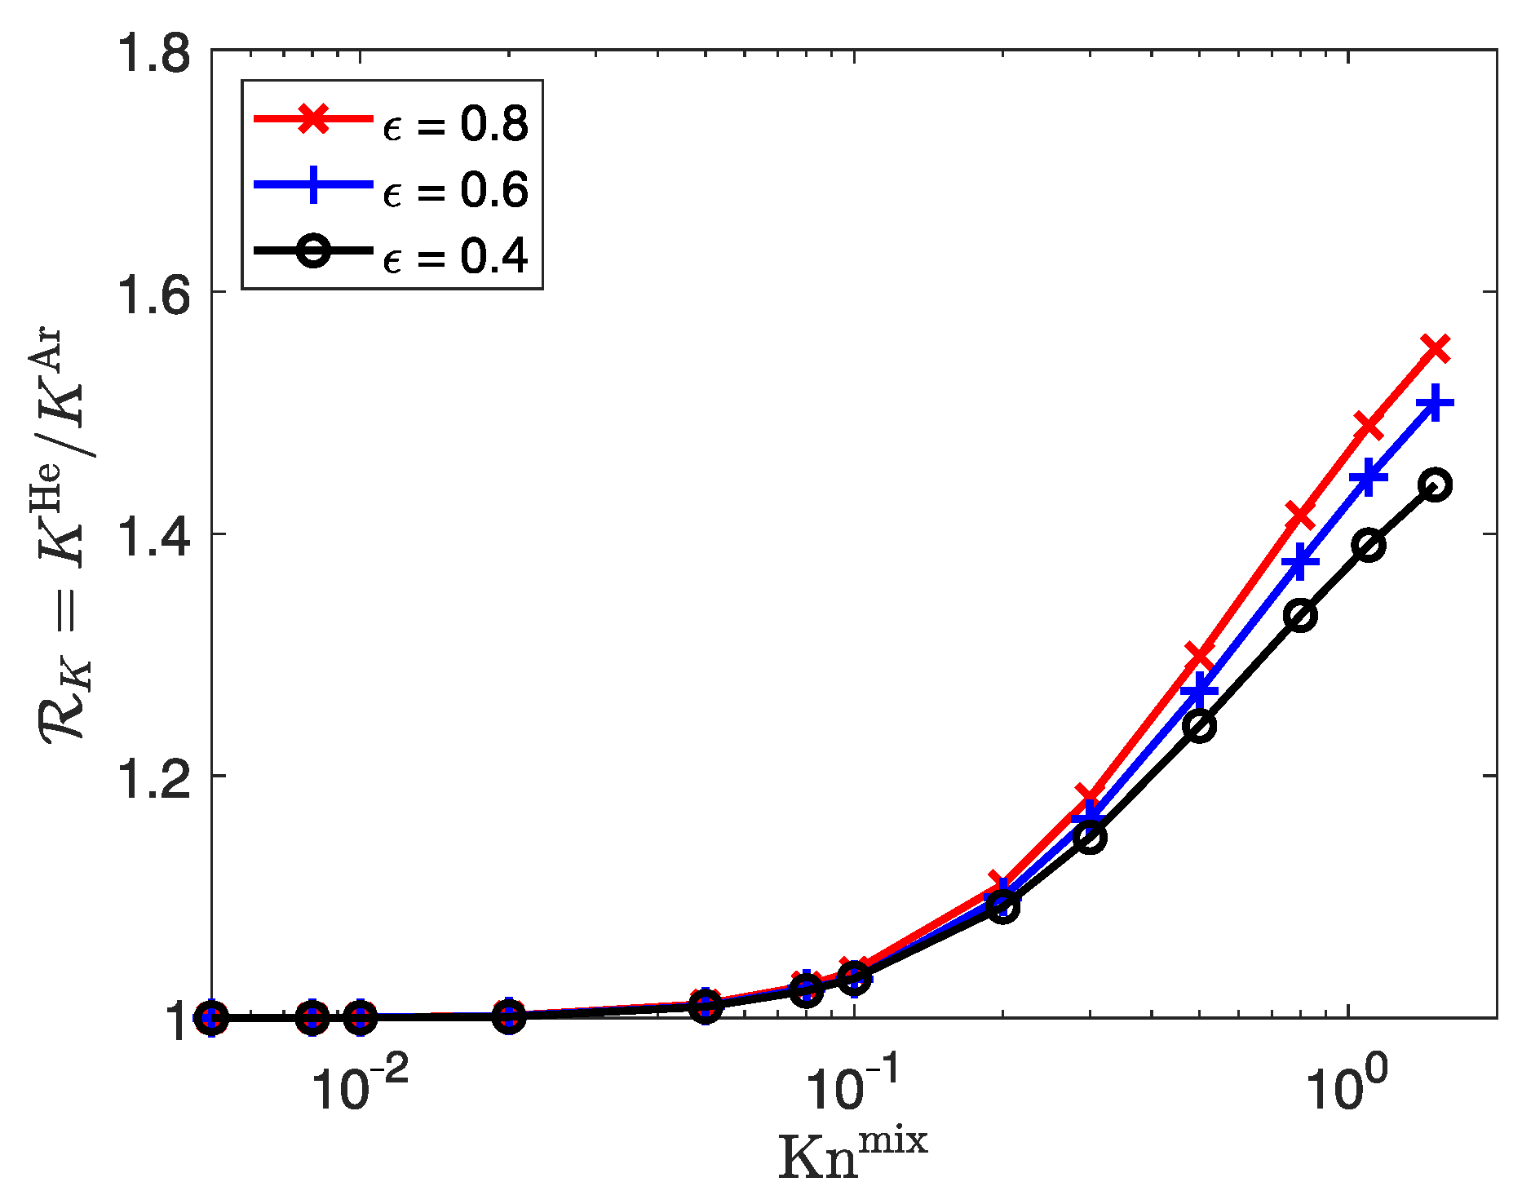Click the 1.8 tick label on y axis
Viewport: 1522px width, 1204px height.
tap(154, 51)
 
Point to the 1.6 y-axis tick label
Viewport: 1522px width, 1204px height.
tap(154, 294)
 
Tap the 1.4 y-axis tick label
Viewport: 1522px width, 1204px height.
tap(154, 535)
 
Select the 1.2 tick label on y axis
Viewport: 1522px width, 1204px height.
tap(154, 777)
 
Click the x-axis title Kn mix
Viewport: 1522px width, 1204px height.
tap(853, 1154)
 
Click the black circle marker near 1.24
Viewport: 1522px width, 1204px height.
tap(1199, 726)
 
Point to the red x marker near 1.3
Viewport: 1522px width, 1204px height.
tap(1199, 655)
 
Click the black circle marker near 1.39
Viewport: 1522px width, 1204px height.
tap(1369, 545)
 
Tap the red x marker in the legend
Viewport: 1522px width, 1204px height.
tap(313, 119)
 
